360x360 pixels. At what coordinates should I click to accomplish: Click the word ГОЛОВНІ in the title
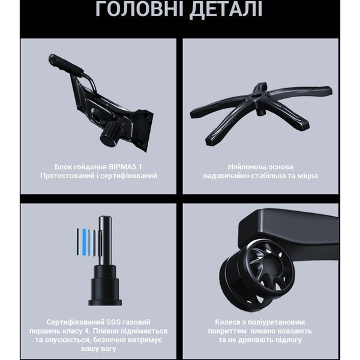click(x=139, y=9)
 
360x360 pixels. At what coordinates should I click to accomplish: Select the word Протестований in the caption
click(x=67, y=176)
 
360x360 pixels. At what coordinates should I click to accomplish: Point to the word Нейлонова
click(x=246, y=167)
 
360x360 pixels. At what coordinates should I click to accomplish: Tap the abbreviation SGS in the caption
click(x=113, y=322)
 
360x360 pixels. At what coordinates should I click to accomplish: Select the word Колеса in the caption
click(x=227, y=322)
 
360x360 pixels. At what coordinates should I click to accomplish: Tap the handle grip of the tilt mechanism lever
click(x=66, y=65)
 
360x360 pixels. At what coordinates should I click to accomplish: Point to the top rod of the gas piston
click(x=106, y=241)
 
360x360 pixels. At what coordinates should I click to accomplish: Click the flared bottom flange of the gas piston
click(x=105, y=302)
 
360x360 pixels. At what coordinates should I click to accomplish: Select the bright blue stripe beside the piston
click(x=84, y=242)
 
